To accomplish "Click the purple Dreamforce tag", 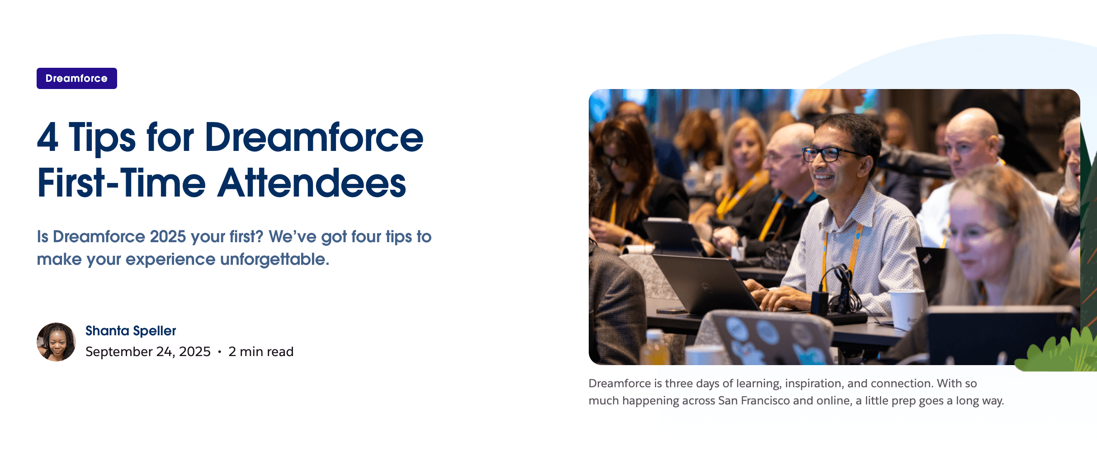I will pos(76,78).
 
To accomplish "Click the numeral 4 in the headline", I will pos(47,137).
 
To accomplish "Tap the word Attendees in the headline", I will pos(312,183).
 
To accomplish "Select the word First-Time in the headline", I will pos(121,183).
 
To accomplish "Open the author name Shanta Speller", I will pos(131,331).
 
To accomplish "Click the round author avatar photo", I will pos(56,342).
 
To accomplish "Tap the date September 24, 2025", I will pos(148,352).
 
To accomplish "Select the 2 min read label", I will pos(261,352).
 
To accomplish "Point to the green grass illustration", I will pos(1058,352).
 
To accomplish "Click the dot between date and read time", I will pos(220,352).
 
